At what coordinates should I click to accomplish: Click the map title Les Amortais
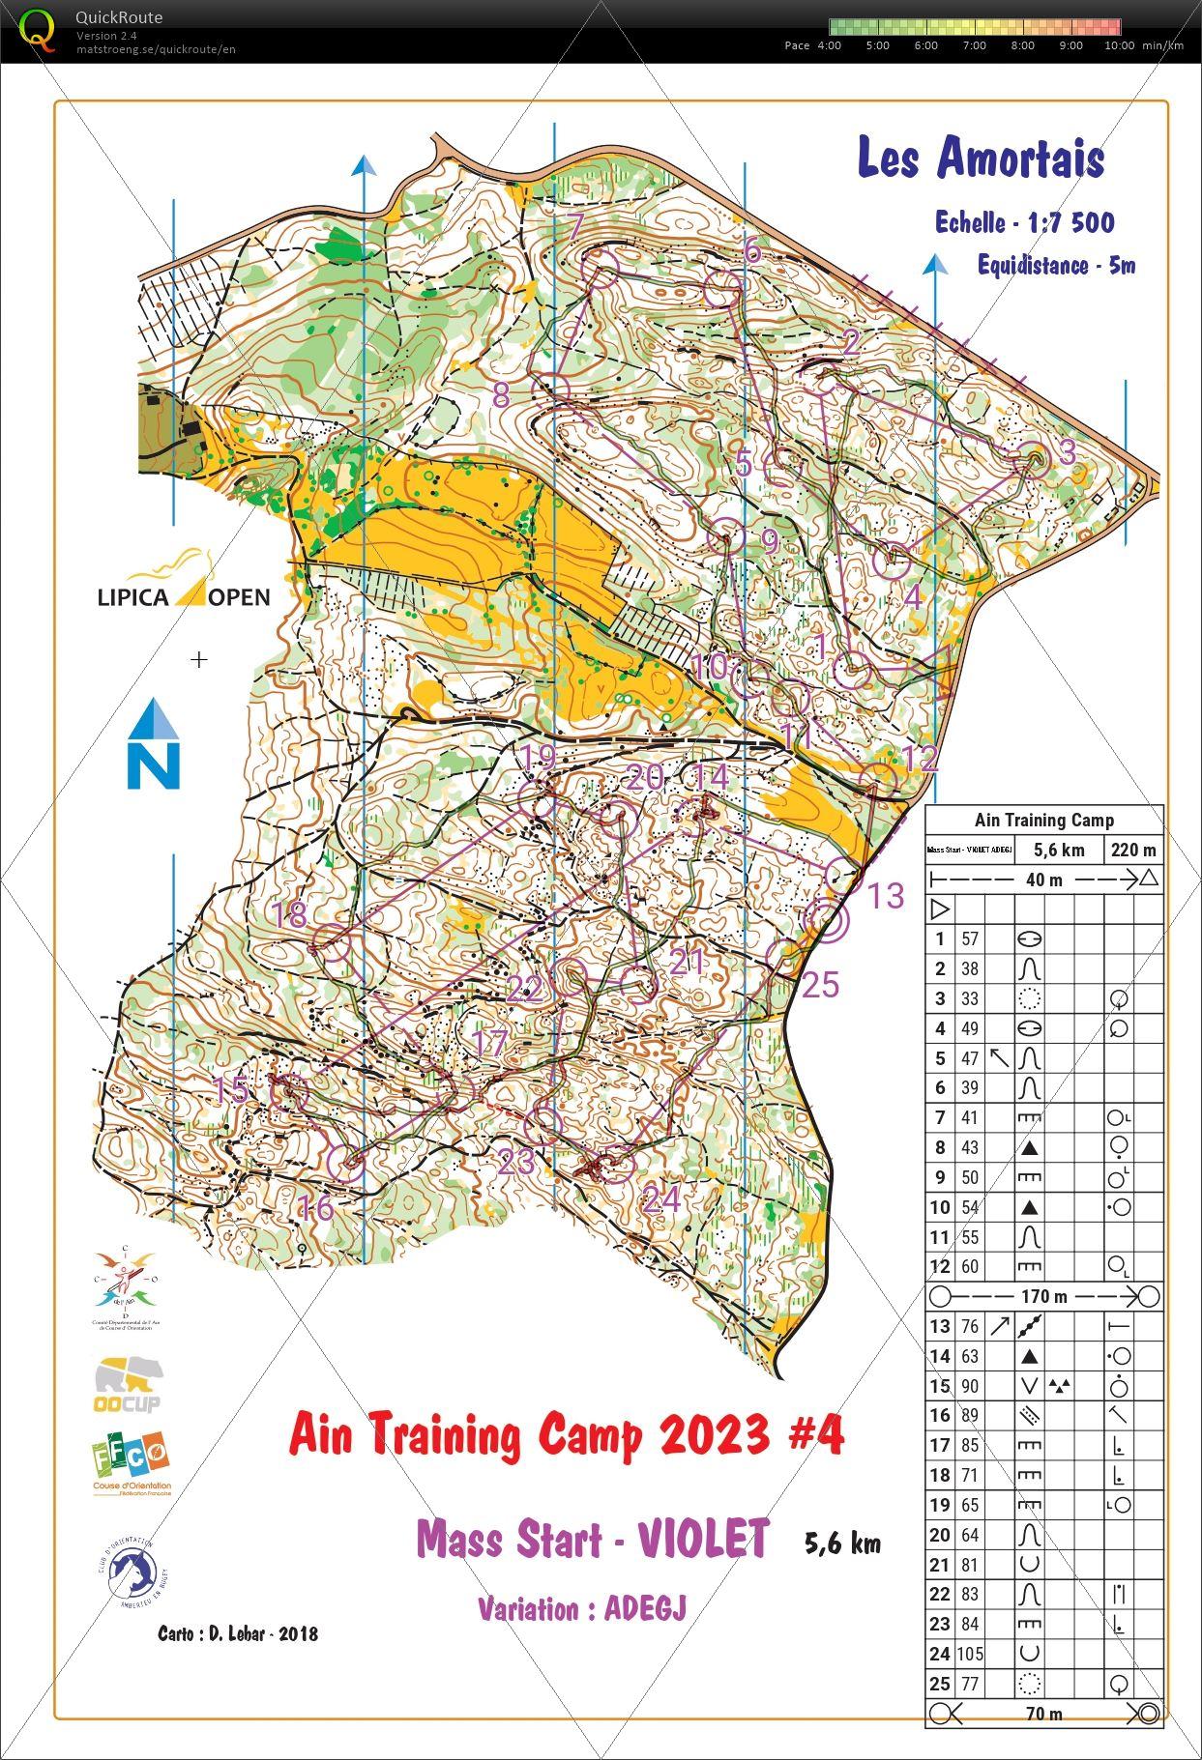coord(981,158)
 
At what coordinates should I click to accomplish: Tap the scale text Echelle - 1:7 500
coord(1023,223)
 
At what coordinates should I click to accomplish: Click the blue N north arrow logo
coord(154,744)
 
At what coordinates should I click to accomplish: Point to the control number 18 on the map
coord(290,914)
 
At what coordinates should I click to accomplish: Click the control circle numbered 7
coord(602,267)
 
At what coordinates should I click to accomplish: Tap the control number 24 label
coord(661,1199)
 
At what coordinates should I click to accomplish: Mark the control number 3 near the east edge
coord(1068,451)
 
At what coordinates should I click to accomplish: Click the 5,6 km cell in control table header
coord(1059,851)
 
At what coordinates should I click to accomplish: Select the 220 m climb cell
coord(1133,851)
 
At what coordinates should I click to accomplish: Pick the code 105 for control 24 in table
coord(970,1654)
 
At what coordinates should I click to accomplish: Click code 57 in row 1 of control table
coord(969,938)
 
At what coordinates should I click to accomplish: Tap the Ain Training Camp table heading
coord(1043,821)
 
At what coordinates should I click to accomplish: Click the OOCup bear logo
coord(129,1383)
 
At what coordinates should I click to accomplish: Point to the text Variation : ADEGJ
coord(581,1608)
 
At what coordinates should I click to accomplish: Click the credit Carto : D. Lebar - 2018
coord(238,1633)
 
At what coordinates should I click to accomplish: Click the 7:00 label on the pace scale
coord(974,45)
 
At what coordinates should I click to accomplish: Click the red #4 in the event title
coord(816,1434)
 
